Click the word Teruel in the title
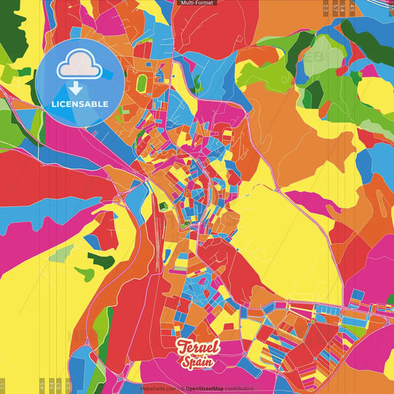click(x=198, y=346)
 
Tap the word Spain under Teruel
click(x=196, y=362)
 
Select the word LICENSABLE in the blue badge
click(x=80, y=103)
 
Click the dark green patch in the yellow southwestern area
click(x=101, y=259)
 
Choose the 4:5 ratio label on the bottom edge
click(x=42, y=385)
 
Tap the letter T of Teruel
click(x=181, y=346)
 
